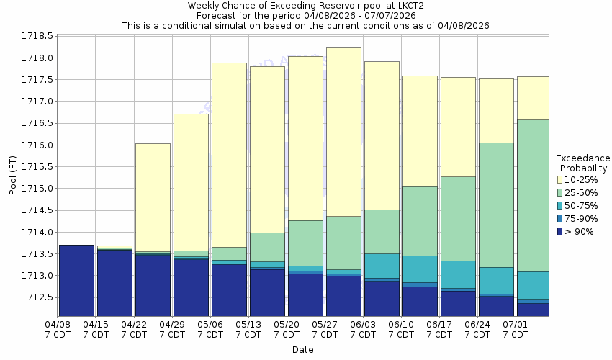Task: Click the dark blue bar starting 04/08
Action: (76, 281)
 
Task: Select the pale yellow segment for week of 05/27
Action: (343, 131)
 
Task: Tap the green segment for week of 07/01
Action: (533, 195)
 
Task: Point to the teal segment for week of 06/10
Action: (420, 269)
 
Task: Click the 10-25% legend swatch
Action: (560, 179)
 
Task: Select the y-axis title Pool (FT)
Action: (12, 176)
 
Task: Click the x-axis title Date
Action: (302, 350)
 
